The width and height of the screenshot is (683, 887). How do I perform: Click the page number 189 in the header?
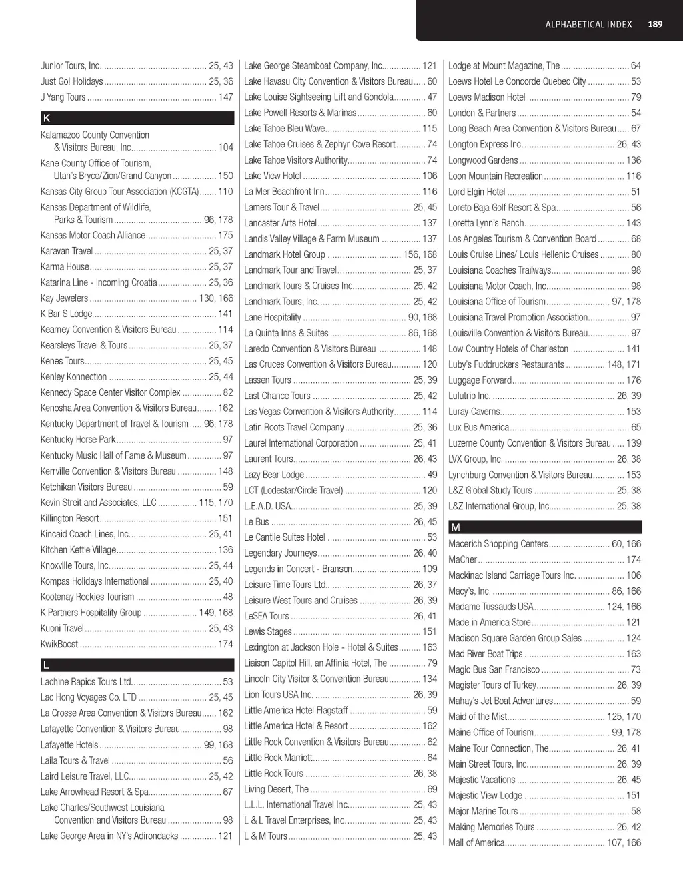click(655, 25)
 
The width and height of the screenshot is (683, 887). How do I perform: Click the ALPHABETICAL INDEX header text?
click(588, 25)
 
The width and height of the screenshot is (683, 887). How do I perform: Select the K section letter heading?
click(47, 118)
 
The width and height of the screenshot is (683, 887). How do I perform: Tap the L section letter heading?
click(46, 665)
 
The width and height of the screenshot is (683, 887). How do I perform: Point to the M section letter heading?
click(456, 527)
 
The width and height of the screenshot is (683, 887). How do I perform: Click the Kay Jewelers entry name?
click(64, 298)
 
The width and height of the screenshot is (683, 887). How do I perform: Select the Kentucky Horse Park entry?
click(78, 440)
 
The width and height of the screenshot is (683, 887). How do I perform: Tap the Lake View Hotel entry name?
click(273, 176)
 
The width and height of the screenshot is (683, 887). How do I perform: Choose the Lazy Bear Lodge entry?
click(274, 475)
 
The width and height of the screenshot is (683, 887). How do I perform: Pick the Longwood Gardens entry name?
click(483, 160)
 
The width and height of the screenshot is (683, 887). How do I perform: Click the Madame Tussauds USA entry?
click(491, 607)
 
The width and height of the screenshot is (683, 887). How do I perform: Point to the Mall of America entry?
click(476, 843)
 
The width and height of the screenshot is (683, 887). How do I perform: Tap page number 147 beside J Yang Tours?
click(225, 97)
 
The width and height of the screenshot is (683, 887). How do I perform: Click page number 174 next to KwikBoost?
click(225, 644)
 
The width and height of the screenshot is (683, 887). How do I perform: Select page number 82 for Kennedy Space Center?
click(228, 392)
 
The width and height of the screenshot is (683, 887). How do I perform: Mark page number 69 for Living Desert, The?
click(432, 789)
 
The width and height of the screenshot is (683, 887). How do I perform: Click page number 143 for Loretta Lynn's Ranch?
click(633, 223)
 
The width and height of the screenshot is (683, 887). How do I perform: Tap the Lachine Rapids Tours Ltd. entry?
click(86, 682)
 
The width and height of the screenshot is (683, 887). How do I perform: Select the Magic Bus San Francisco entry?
click(494, 669)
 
